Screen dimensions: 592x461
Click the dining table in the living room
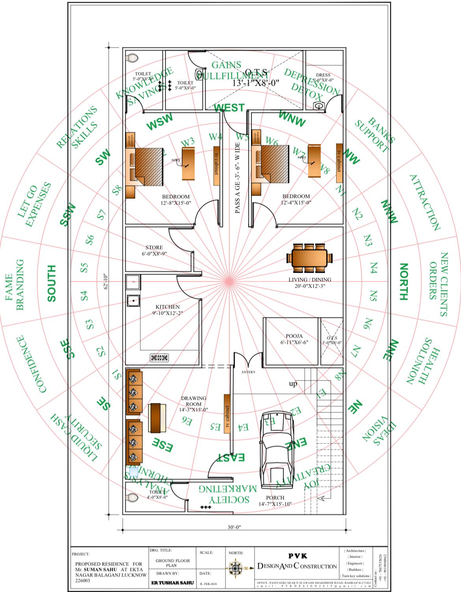(x=309, y=258)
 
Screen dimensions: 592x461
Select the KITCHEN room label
(x=167, y=307)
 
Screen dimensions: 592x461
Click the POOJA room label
(x=294, y=336)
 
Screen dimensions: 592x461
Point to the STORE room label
(x=154, y=248)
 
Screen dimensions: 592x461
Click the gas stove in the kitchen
(x=160, y=358)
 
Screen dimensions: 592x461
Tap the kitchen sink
(x=134, y=301)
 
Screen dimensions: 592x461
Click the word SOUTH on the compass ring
(x=51, y=283)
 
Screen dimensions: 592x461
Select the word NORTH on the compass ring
(x=403, y=282)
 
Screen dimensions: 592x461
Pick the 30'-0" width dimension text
(x=234, y=527)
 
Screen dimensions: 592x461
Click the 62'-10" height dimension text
(x=106, y=282)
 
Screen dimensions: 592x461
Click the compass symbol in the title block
(x=236, y=568)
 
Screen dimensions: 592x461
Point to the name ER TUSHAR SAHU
(x=173, y=583)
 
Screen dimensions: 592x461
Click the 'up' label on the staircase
(x=293, y=384)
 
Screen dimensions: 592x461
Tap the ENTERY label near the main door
(x=248, y=372)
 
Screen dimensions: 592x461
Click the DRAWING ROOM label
(x=193, y=401)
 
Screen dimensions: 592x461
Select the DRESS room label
(x=323, y=75)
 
